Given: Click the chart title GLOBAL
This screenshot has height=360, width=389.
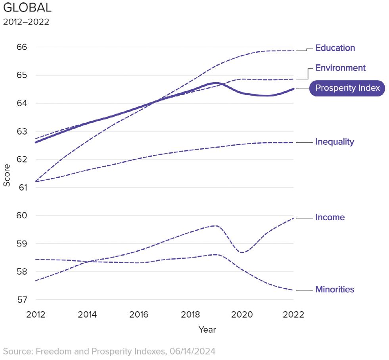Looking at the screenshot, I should [27, 8].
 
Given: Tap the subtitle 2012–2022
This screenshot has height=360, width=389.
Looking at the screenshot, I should [26, 22].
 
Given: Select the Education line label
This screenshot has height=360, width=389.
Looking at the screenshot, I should [335, 48].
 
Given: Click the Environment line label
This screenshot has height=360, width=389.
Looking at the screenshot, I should [340, 68].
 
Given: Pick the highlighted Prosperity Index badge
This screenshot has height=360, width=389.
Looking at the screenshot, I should [347, 88].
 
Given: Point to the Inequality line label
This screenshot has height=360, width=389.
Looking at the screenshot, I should [334, 142].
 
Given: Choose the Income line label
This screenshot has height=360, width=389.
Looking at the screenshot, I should [330, 217].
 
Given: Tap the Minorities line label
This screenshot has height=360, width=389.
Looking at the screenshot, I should [335, 289].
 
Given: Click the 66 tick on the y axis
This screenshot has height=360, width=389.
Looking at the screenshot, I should [22, 47].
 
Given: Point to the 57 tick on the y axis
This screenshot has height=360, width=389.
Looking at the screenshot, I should [22, 300].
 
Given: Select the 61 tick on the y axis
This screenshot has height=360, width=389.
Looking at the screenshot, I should [22, 187].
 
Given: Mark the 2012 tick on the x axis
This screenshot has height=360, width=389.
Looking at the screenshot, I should [36, 315].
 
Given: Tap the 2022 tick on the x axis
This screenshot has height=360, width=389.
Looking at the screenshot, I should [293, 315].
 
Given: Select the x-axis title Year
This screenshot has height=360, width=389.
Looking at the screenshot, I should [207, 330].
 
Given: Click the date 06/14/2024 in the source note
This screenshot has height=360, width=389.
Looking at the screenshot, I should [192, 351].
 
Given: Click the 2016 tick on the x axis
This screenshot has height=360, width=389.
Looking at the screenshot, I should [139, 315].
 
